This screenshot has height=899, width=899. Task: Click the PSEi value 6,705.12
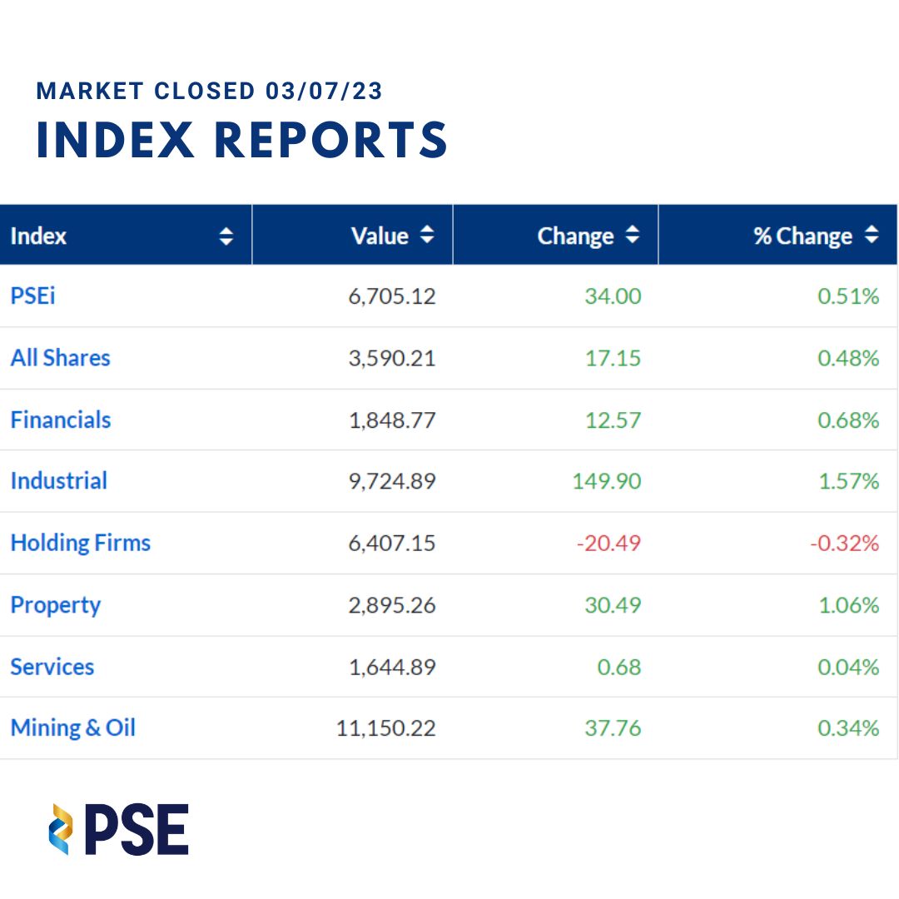pyautogui.click(x=391, y=296)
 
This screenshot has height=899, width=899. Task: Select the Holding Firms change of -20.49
pyautogui.click(x=608, y=544)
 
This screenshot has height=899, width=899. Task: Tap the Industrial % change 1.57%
pyautogui.click(x=848, y=481)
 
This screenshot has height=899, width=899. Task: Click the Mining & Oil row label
pyautogui.click(x=72, y=728)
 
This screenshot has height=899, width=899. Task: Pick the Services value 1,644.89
pyautogui.click(x=391, y=668)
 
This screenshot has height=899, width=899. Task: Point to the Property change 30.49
pyautogui.click(x=613, y=605)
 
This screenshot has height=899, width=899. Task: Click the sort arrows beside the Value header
pyautogui.click(x=427, y=236)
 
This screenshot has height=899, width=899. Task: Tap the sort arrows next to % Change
pyautogui.click(x=872, y=236)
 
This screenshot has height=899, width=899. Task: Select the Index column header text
pyautogui.click(x=38, y=236)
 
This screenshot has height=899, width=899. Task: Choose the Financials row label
pyautogui.click(x=60, y=420)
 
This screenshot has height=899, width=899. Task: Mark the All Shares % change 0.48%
pyautogui.click(x=848, y=358)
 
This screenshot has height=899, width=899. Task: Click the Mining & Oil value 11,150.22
pyautogui.click(x=385, y=729)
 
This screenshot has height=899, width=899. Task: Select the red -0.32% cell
pyautogui.click(x=844, y=544)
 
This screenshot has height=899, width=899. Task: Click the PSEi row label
pyautogui.click(x=32, y=296)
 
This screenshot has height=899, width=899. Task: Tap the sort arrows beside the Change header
pyautogui.click(x=633, y=236)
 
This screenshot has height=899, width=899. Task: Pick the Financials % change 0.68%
pyautogui.click(x=848, y=420)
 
